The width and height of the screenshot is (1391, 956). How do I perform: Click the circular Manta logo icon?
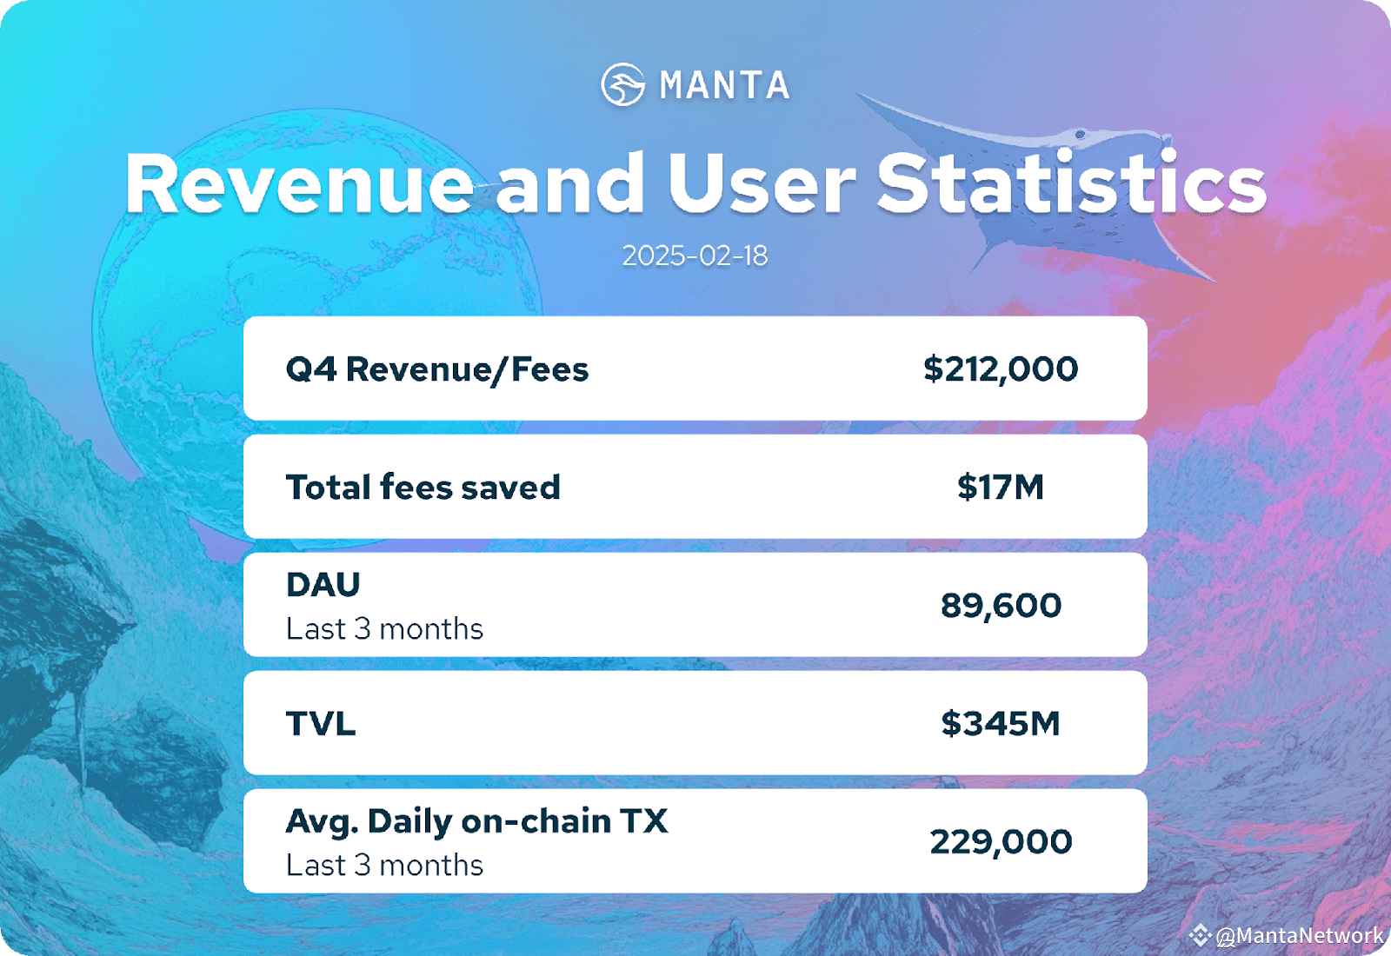[x=622, y=84]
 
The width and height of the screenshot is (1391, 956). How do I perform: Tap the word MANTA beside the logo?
[x=725, y=85]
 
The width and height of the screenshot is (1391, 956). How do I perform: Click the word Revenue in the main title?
[x=300, y=184]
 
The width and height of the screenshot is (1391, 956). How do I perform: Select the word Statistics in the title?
[x=1071, y=182]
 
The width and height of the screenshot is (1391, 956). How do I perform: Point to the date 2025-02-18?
[x=695, y=256]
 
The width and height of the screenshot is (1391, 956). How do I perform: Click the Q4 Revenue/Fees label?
[x=437, y=369]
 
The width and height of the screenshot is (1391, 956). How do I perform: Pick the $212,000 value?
[x=1001, y=368]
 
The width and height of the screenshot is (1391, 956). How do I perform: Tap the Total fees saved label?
[x=423, y=487]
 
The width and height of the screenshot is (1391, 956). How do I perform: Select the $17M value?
[x=1001, y=487]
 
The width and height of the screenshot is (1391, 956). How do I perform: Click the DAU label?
[x=323, y=584]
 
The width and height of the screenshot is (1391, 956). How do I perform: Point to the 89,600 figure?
[x=1001, y=605]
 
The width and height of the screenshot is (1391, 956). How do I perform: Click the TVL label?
[x=321, y=723]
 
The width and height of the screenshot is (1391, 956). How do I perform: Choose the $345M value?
[x=1001, y=723]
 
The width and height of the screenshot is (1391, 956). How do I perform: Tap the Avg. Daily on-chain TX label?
[x=477, y=821]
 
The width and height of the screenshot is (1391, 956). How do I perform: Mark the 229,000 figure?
[x=1001, y=842]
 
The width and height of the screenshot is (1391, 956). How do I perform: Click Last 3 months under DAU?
[x=384, y=629]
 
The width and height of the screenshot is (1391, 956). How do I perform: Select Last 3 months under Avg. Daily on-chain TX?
[x=384, y=866]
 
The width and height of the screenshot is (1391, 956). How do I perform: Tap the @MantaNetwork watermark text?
[x=1300, y=935]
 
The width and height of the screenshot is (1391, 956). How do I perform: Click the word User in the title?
[x=762, y=183]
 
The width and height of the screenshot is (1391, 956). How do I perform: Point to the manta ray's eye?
[x=1080, y=134]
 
